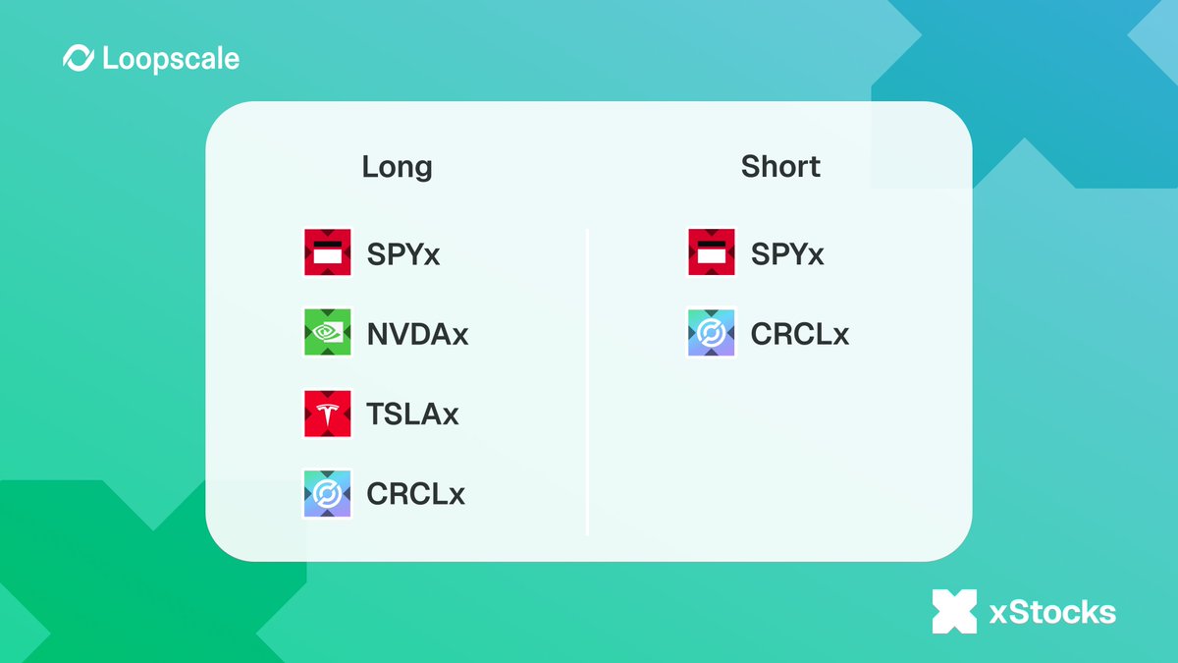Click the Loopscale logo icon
pyautogui.click(x=79, y=59)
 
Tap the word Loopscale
pyautogui.click(x=170, y=59)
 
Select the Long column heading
pyautogui.click(x=397, y=167)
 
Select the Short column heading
pyautogui.click(x=780, y=167)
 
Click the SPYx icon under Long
pyautogui.click(x=328, y=253)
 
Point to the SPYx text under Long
pyautogui.click(x=403, y=254)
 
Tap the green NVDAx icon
pyautogui.click(x=328, y=333)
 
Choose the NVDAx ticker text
pyautogui.click(x=417, y=334)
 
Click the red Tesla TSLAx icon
pyautogui.click(x=328, y=413)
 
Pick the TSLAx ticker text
pyautogui.click(x=412, y=414)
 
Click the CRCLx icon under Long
pyautogui.click(x=328, y=492)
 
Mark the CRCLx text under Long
pyautogui.click(x=415, y=493)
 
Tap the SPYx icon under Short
pyautogui.click(x=712, y=253)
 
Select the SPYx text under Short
pyautogui.click(x=787, y=254)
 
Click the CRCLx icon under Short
pyautogui.click(x=712, y=333)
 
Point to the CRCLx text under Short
pyautogui.click(x=799, y=334)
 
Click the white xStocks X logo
pyautogui.click(x=954, y=611)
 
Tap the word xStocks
pyautogui.click(x=1052, y=613)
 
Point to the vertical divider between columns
pyautogui.click(x=587, y=383)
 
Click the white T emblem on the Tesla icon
pyautogui.click(x=328, y=412)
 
